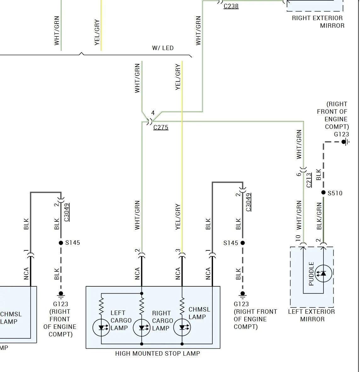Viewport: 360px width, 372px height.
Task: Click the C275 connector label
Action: (x=161, y=127)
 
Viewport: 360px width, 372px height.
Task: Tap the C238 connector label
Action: (x=231, y=6)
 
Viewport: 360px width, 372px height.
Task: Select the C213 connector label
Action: (x=309, y=180)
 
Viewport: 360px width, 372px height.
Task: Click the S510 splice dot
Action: (x=323, y=192)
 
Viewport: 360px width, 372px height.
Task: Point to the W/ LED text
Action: (x=163, y=48)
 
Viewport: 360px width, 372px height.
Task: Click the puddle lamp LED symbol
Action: (x=323, y=273)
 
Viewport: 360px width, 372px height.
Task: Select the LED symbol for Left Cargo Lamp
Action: (x=101, y=328)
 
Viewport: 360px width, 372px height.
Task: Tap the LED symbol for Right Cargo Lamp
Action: (x=142, y=328)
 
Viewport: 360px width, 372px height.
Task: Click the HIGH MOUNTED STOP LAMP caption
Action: (x=158, y=353)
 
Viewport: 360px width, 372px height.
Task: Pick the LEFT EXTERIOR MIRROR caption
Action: (x=312, y=315)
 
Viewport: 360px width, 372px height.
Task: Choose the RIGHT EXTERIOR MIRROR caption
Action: (x=318, y=22)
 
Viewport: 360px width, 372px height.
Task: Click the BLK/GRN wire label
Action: (x=319, y=216)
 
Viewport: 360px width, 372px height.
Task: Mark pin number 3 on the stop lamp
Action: (x=178, y=250)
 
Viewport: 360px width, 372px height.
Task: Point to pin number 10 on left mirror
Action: (x=298, y=238)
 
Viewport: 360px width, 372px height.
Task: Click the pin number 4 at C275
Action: (x=153, y=113)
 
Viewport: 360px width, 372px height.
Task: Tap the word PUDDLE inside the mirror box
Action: (x=311, y=273)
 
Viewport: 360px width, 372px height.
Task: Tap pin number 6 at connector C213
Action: (x=298, y=175)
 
